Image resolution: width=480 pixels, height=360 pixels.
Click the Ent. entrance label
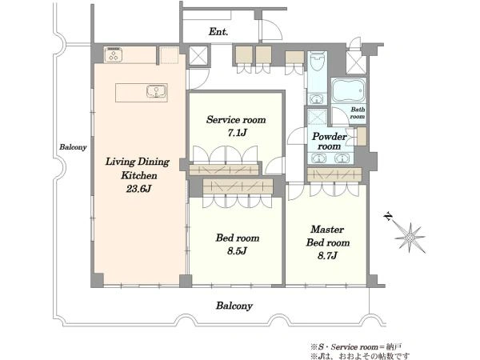pyautogui.click(x=218, y=31)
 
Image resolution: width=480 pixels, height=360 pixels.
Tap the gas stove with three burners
pyautogui.click(x=114, y=54)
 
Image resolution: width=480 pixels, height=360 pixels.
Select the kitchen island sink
pyautogui.click(x=157, y=91)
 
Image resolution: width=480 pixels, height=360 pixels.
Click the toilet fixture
pyautogui.click(x=317, y=61)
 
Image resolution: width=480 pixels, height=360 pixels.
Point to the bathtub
pyautogui.click(x=349, y=90)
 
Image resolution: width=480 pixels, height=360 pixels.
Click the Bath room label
pyautogui.click(x=358, y=113)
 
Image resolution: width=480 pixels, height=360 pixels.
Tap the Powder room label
pyautogui.click(x=330, y=141)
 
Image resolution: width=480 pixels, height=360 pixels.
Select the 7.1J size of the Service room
pyautogui.click(x=237, y=133)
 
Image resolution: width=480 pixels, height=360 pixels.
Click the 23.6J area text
pyautogui.click(x=138, y=189)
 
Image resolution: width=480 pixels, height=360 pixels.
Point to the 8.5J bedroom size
pyautogui.click(x=237, y=251)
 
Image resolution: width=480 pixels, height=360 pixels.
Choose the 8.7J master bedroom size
pyautogui.click(x=327, y=255)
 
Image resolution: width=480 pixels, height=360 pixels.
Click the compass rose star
pyautogui.click(x=410, y=238)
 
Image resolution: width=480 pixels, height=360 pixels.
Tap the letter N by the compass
pyautogui.click(x=389, y=217)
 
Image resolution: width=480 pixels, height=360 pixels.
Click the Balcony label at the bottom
pyautogui.click(x=234, y=306)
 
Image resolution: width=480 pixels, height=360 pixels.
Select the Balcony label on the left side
pyautogui.click(x=73, y=147)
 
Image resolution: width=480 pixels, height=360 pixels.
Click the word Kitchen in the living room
pyautogui.click(x=139, y=175)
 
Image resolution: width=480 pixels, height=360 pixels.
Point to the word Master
pyautogui.click(x=327, y=229)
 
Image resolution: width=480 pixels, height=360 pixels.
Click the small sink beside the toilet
pyautogui.click(x=317, y=99)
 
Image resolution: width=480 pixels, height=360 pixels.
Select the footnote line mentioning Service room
pyautogui.click(x=356, y=347)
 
